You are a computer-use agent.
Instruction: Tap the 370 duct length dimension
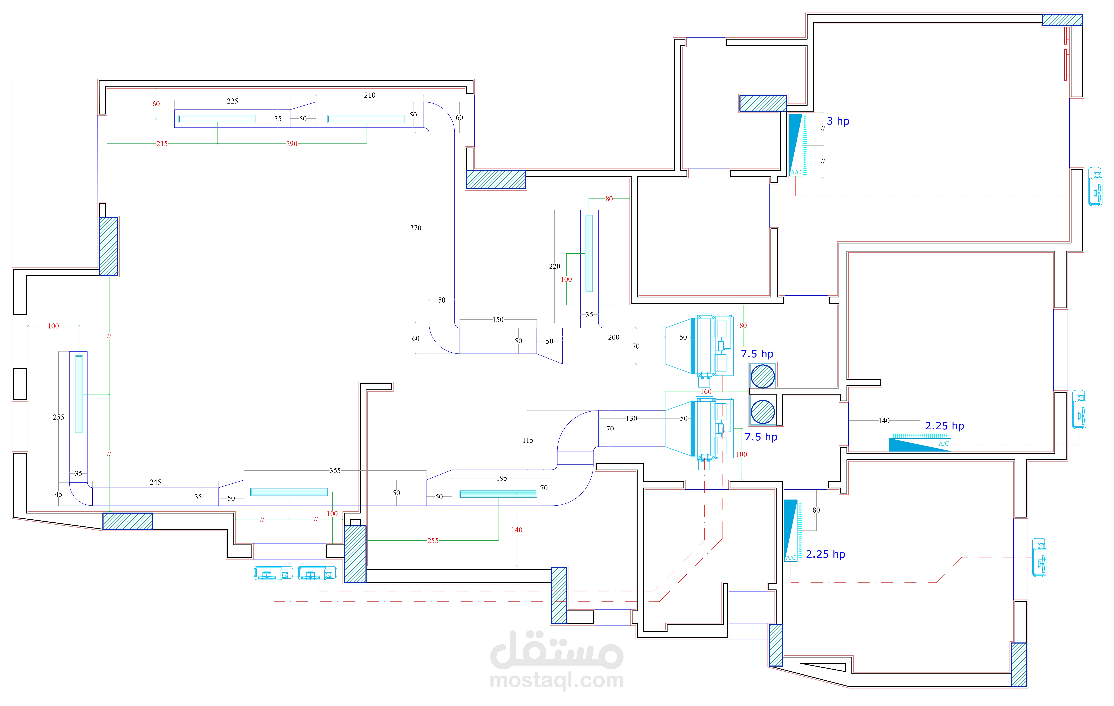(415, 228)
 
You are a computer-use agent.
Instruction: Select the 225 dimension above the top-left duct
(232, 101)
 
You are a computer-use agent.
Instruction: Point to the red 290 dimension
(291, 144)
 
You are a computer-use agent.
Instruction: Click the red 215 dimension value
(162, 144)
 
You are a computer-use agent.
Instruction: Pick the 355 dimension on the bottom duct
(335, 471)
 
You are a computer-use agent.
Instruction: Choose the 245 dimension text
(156, 482)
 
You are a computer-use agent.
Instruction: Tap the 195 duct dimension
(502, 478)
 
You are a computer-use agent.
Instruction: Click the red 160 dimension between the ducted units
(706, 391)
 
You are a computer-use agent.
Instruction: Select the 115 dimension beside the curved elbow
(528, 440)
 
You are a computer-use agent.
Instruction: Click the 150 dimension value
(498, 320)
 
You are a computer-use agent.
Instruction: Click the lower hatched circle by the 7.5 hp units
(762, 412)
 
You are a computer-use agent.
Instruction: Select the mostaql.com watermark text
(557, 680)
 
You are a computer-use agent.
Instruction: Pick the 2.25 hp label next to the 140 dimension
(944, 426)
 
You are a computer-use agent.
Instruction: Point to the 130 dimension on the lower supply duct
(632, 418)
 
